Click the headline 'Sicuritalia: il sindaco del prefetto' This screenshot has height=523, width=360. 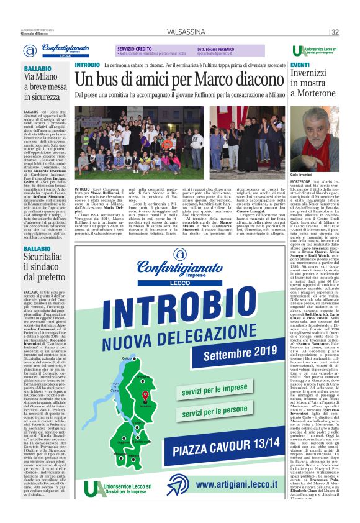pyautogui.click(x=45, y=267)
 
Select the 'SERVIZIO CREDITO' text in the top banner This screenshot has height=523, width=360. pyautogui.click(x=135, y=48)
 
